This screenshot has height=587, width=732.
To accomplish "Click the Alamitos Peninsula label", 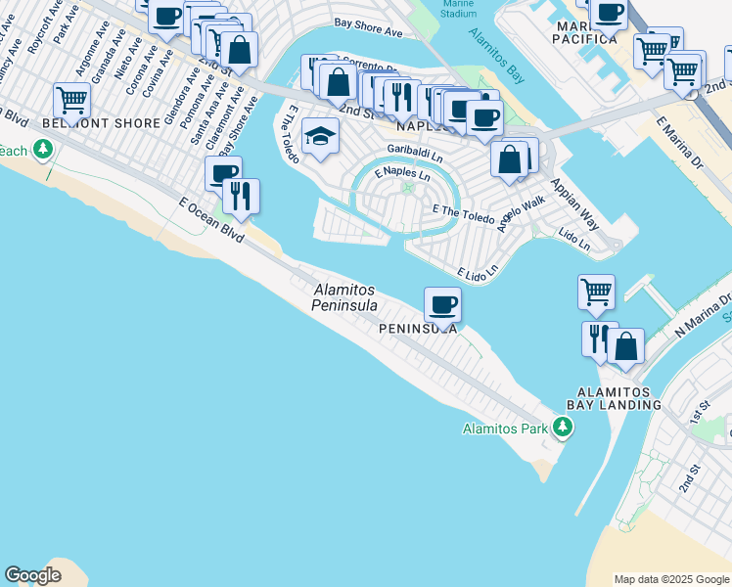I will coord(345,297).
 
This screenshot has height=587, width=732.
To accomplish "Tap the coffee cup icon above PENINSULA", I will coord(442,303).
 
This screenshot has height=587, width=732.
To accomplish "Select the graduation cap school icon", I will coord(320,136).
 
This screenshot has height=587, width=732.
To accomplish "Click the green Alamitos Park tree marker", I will coord(563,427).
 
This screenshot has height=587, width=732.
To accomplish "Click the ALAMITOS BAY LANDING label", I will coord(613,397).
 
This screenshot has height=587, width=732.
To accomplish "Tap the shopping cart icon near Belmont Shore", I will coord(71,99).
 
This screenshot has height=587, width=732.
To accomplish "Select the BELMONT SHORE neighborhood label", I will coord(102,123).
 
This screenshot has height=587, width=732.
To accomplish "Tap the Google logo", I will coord(32,575).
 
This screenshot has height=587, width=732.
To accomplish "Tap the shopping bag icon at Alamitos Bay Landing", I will coord(626,345).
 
